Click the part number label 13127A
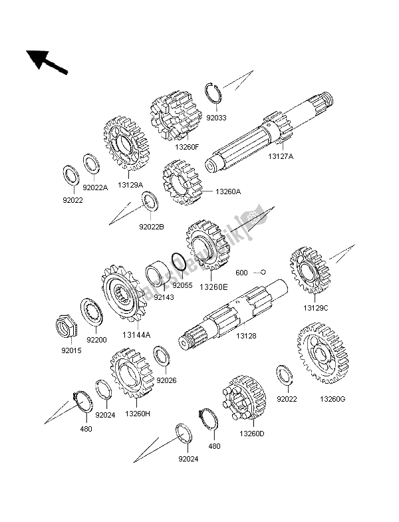pyautogui.click(x=282, y=156)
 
